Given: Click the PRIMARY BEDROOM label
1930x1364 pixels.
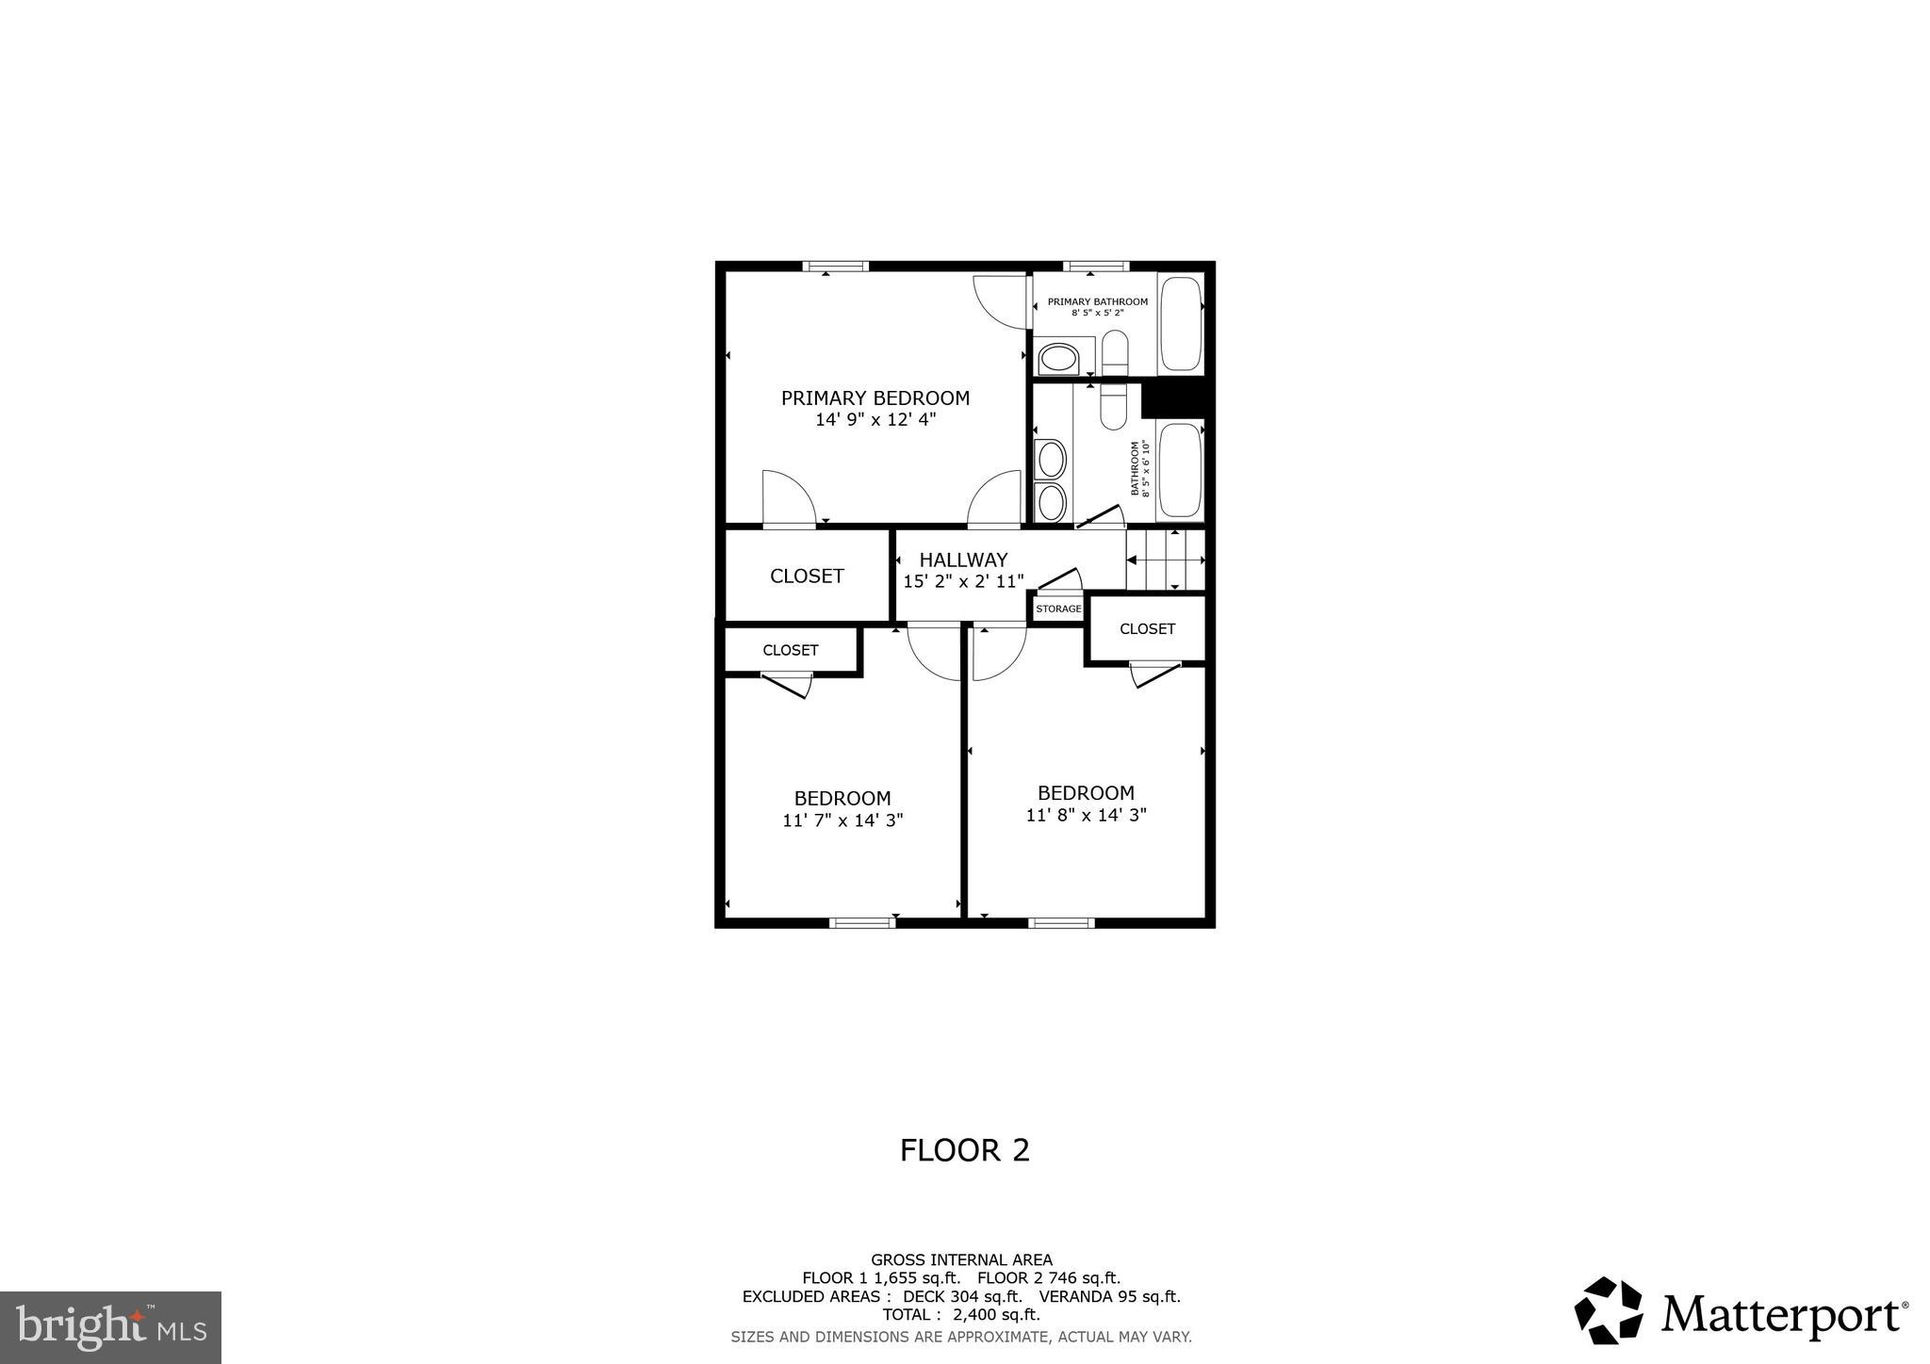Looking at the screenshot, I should [x=875, y=398].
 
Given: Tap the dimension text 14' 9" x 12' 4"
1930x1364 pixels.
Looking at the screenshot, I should [x=875, y=420].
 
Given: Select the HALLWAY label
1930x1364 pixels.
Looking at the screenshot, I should [x=963, y=560].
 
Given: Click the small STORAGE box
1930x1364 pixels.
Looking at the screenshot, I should [x=1058, y=609].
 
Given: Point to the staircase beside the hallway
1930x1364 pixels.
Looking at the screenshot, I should [x=1167, y=560].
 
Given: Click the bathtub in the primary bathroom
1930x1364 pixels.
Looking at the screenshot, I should [x=1181, y=324].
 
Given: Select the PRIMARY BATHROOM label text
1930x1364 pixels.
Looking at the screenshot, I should [x=1097, y=301].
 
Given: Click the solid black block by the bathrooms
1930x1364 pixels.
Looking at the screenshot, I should [x=1173, y=398].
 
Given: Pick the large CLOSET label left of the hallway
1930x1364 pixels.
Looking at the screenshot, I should [x=807, y=576].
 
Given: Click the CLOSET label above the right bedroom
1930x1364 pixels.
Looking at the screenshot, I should [x=1147, y=628].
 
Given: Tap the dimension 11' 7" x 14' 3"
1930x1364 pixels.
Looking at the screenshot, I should [x=842, y=820].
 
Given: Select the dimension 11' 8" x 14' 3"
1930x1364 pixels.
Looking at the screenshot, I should [x=1086, y=815].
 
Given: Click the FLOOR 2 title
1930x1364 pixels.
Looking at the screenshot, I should [x=964, y=1150].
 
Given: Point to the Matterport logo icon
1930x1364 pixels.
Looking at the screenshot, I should [x=1608, y=1310].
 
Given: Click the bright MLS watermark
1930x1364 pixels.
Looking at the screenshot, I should [x=110, y=1327].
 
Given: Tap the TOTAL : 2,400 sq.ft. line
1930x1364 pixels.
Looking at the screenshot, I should [x=961, y=1314].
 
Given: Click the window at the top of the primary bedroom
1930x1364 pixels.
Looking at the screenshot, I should [x=835, y=267].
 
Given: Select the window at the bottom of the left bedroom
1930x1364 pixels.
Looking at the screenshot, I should [x=861, y=922].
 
